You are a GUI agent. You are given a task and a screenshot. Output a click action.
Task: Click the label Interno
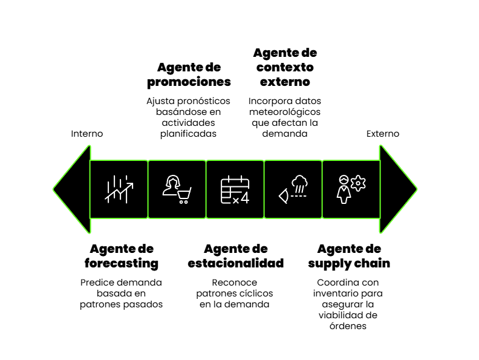tap(87, 134)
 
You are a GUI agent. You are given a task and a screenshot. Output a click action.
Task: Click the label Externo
tap(383, 134)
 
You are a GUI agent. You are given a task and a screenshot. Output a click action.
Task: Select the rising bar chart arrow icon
tap(119, 189)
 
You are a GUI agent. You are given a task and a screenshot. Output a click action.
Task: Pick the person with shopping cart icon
tap(177, 189)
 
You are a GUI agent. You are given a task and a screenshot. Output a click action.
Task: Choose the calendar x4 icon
tap(235, 189)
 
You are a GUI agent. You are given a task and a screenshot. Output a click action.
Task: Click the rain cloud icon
tap(293, 189)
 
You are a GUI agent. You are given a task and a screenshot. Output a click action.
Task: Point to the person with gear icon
tap(351, 189)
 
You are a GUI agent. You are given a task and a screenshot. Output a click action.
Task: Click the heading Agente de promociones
tap(189, 74)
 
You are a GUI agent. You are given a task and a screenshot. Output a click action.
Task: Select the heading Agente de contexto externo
tap(285, 67)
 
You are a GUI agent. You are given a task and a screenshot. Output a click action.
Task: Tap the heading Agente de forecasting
tap(122, 256)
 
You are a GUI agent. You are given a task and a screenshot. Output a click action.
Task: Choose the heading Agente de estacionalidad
tap(235, 256)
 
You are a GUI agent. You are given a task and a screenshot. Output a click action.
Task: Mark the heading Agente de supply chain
tap(349, 256)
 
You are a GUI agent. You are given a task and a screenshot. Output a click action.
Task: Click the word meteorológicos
tap(285, 112)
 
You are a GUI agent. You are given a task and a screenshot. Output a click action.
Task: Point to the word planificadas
tap(188, 134)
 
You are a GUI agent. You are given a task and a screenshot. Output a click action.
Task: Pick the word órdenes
tap(350, 326)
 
